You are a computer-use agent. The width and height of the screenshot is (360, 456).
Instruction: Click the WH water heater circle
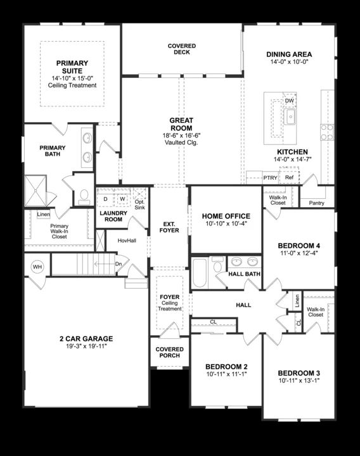[37, 267]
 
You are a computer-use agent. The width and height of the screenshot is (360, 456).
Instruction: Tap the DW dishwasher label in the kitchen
[290, 101]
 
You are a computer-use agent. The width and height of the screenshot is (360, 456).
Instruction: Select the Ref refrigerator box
[289, 178]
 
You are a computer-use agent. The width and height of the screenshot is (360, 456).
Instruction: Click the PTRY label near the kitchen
[270, 178]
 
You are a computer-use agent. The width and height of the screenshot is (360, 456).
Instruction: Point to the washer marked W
[122, 199]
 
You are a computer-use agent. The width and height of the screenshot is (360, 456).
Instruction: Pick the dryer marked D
[105, 199]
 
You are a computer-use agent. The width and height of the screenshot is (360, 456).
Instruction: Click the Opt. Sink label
[140, 205]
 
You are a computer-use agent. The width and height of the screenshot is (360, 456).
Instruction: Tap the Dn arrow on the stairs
[118, 264]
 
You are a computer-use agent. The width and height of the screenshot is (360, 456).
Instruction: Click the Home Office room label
[226, 216]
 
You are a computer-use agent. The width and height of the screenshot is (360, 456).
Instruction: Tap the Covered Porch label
[169, 352]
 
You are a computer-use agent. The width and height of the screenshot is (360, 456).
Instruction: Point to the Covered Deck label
[182, 49]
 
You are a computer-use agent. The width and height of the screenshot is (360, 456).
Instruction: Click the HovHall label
[127, 240]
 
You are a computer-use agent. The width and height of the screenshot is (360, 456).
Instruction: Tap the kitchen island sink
[290, 117]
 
